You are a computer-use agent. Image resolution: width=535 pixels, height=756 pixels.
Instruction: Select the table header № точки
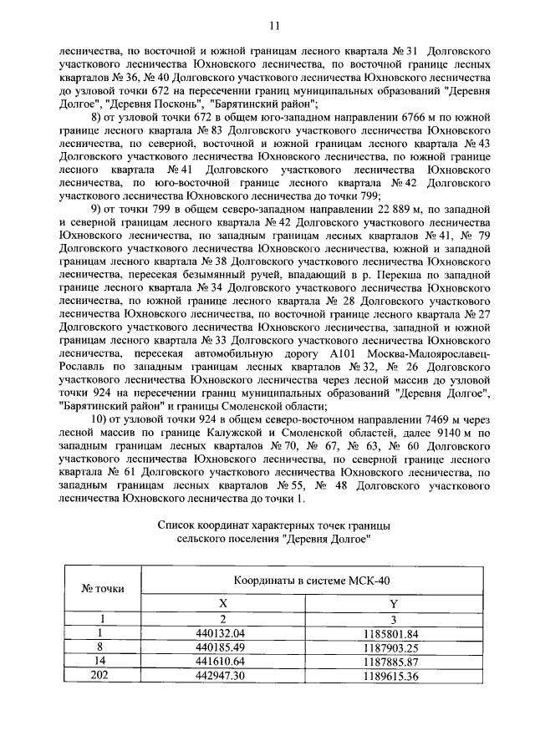pyautogui.click(x=102, y=588)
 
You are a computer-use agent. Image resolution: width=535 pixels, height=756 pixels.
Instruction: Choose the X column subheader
pyautogui.click(x=222, y=603)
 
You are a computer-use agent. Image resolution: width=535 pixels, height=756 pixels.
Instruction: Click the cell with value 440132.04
pyautogui.click(x=222, y=633)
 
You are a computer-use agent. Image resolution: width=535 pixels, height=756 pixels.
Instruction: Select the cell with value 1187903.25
pyautogui.click(x=391, y=647)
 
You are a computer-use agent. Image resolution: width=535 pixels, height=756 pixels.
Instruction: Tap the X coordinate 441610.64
pyautogui.click(x=222, y=661)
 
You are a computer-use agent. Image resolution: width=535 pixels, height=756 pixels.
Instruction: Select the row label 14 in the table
pyautogui.click(x=102, y=661)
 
